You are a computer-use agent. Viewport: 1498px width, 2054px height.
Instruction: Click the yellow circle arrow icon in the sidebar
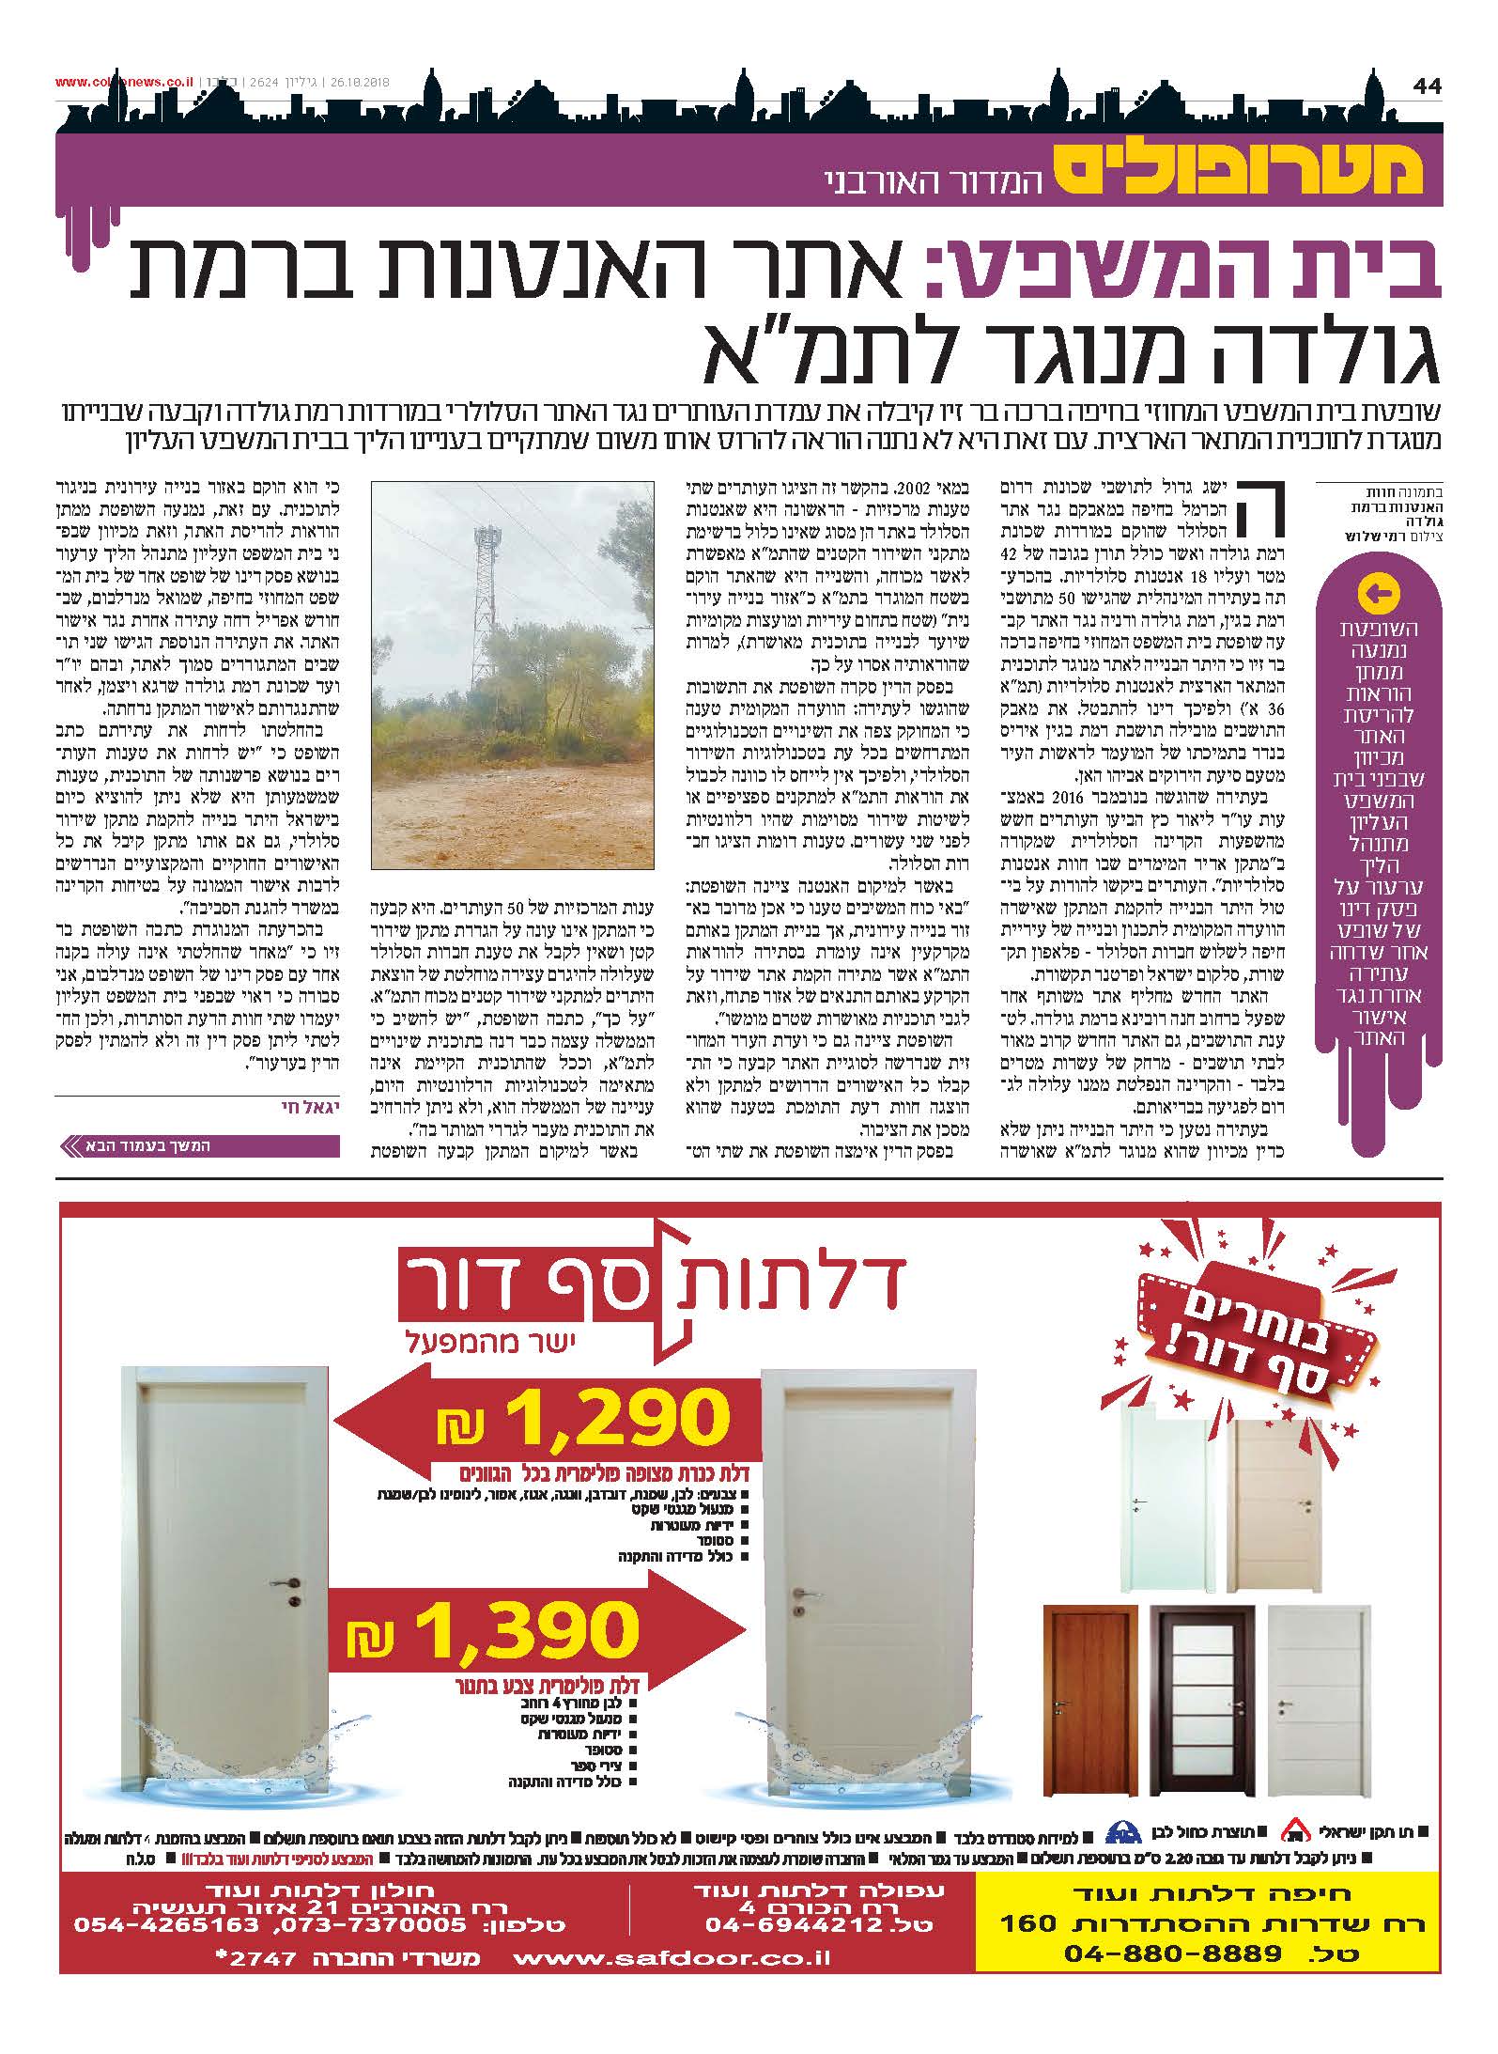pyautogui.click(x=1379, y=593)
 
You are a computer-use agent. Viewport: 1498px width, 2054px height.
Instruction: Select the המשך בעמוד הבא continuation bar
pyautogui.click(x=197, y=1145)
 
